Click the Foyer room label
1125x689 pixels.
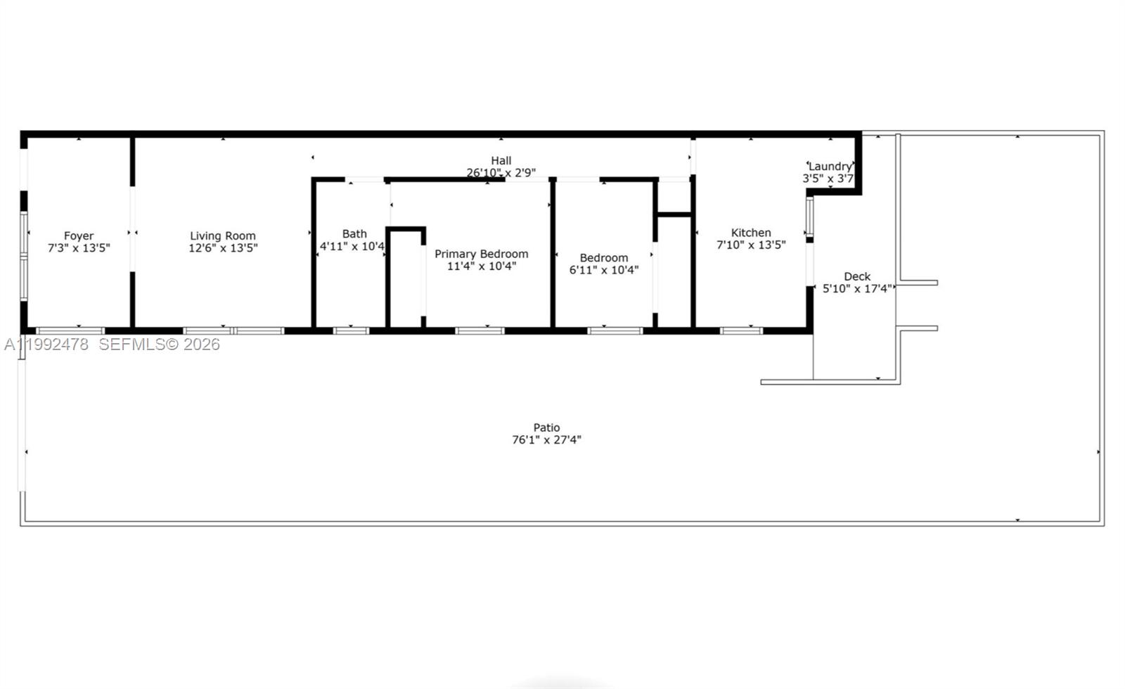pos(79,236)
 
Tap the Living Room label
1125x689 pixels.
pos(222,236)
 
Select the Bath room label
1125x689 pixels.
pos(354,234)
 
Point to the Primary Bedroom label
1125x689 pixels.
pos(481,254)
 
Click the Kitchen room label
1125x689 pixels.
pos(751,233)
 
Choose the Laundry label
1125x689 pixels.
pos(830,167)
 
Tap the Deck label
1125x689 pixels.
pos(857,276)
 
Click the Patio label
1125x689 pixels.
pos(546,427)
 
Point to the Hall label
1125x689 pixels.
pos(501,161)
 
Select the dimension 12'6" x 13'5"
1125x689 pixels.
pos(223,248)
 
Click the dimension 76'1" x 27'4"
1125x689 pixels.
pos(546,440)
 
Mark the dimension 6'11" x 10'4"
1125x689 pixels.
pos(604,270)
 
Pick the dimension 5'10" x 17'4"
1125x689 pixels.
pos(857,288)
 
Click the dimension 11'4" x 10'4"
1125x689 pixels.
pos(482,266)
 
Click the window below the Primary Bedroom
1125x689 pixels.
pos(480,330)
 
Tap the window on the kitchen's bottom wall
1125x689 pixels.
pos(741,330)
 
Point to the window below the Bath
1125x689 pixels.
pos(351,330)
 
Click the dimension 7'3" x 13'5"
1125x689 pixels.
pos(79,248)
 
